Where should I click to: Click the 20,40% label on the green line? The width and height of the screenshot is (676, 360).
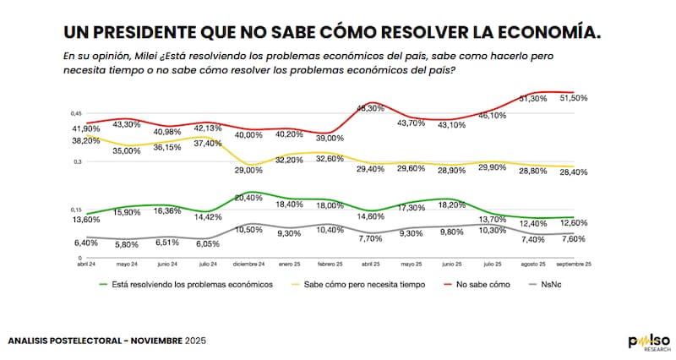(250, 198)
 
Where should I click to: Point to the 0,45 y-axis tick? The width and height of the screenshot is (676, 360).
(76, 113)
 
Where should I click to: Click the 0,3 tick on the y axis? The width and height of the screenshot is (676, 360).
(78, 161)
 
